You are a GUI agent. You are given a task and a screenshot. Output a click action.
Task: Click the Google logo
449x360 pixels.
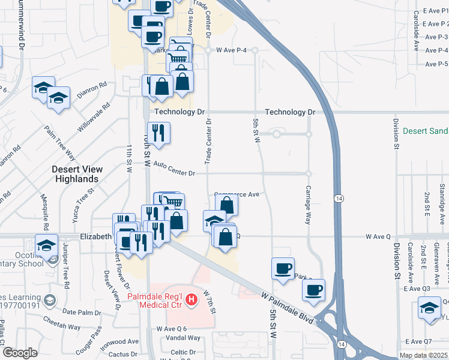20,353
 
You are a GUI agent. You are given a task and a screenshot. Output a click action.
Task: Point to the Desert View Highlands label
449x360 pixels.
74,174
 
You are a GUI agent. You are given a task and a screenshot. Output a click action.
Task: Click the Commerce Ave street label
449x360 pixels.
237,194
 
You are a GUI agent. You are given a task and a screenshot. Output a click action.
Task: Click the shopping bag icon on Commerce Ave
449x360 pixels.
228,205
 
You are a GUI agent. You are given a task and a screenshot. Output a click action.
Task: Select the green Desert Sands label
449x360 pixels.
426,131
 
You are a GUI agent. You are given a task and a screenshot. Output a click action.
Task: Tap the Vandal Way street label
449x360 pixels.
179,338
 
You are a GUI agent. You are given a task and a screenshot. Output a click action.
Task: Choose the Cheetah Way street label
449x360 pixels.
58,320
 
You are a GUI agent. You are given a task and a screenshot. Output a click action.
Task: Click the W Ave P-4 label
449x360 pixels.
231,50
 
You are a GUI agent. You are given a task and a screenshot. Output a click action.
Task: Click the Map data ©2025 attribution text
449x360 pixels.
424,355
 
